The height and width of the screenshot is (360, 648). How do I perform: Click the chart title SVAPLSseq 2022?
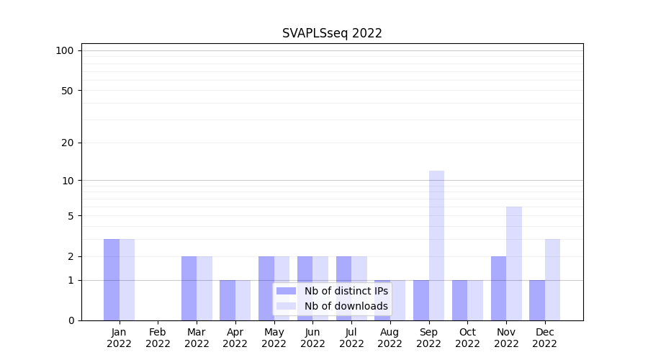(x=332, y=33)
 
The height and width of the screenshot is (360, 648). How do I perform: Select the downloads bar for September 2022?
(x=436, y=246)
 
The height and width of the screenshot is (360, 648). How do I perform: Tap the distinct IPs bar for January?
(x=112, y=279)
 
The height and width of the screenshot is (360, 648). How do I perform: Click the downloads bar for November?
(x=514, y=264)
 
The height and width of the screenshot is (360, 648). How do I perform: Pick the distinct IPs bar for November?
(x=498, y=288)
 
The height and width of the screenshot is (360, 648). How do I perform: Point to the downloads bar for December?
(x=552, y=279)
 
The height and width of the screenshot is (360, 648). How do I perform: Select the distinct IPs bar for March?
(x=189, y=288)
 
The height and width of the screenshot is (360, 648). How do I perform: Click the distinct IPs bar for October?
(x=459, y=300)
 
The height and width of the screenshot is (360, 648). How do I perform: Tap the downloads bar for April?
(x=243, y=300)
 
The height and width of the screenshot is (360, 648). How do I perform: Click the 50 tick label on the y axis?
(x=67, y=91)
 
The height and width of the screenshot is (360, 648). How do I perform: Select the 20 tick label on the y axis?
(x=67, y=143)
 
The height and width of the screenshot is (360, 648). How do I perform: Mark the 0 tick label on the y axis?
(x=71, y=320)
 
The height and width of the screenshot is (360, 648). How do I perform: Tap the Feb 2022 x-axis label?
(x=158, y=338)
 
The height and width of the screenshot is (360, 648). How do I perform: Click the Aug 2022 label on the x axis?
(x=390, y=338)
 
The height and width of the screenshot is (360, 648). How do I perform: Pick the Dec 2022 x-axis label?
(x=544, y=338)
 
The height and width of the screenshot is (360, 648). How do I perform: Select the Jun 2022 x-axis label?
(x=312, y=338)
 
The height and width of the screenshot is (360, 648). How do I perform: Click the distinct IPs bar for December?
(x=537, y=300)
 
